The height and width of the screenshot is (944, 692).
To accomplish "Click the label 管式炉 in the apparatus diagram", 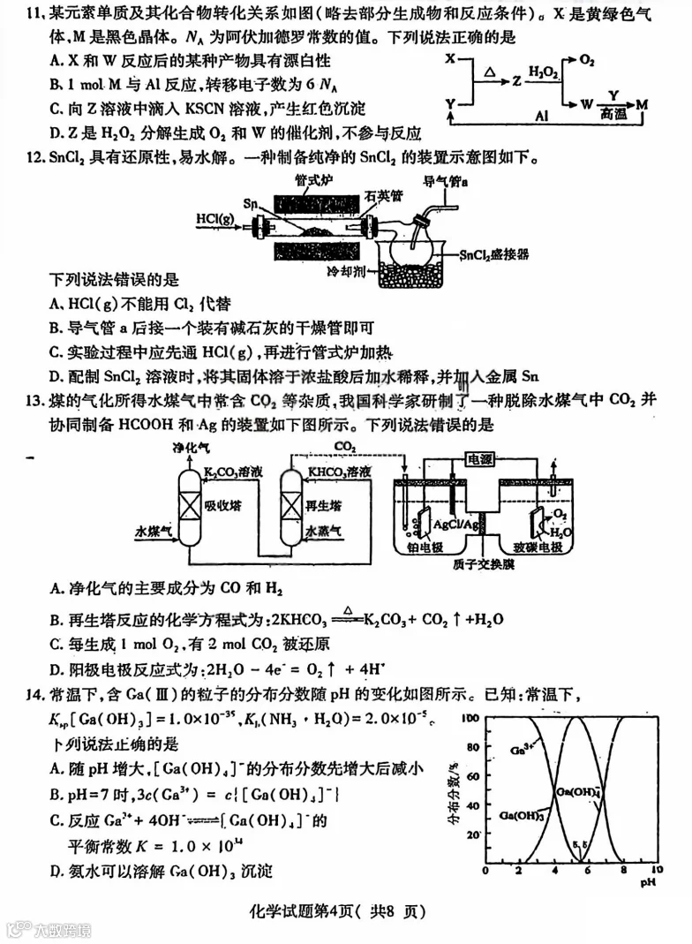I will click(315, 179).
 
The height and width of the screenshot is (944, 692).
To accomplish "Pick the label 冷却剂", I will click(345, 268).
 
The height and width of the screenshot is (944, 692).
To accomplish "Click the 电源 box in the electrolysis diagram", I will click(483, 459).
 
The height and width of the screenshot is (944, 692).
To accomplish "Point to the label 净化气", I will click(192, 449).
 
